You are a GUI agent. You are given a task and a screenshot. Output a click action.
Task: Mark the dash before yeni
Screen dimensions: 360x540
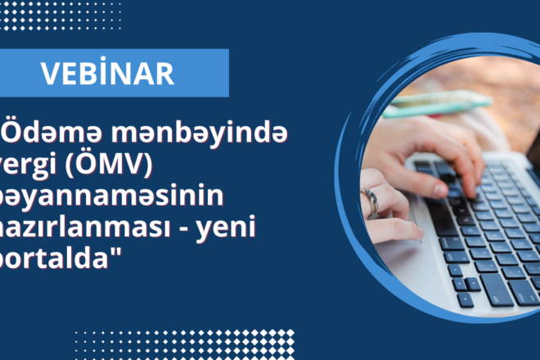coord(192,233)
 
